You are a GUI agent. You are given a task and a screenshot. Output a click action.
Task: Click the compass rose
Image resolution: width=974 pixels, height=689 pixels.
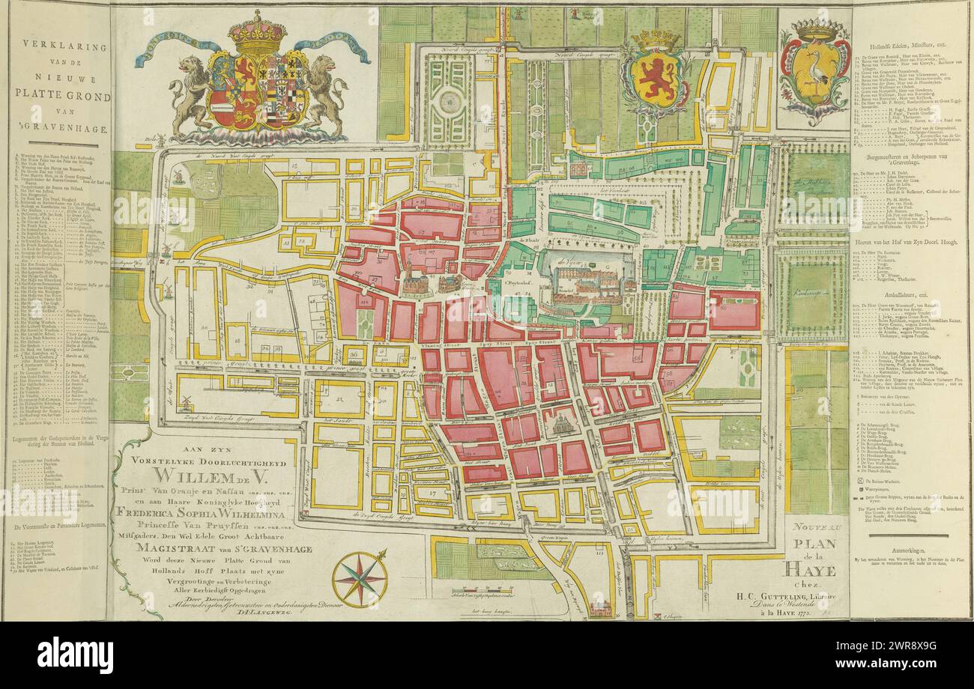coord(360,578)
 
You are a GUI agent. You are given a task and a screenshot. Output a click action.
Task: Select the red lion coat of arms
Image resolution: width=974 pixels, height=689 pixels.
coord(656,77)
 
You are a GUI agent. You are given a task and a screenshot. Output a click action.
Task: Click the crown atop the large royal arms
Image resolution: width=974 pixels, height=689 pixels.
coord(258,31)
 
